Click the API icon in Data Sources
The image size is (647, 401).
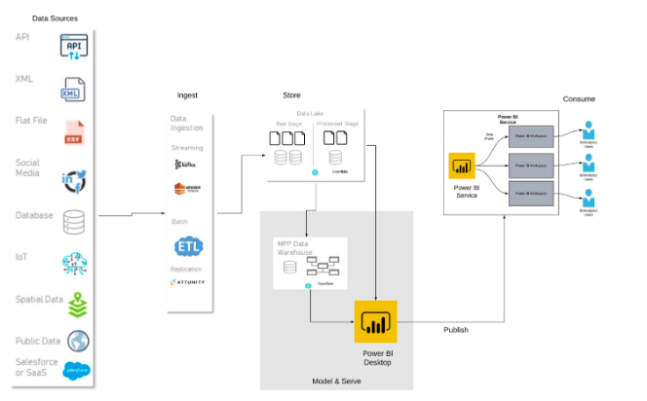75,46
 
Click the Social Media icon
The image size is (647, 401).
75,179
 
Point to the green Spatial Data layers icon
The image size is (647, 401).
75,303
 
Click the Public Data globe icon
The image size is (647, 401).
77,342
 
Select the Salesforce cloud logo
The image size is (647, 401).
76,370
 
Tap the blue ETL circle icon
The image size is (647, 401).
188,247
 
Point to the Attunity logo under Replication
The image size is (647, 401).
187,282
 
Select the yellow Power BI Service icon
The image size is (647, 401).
461,166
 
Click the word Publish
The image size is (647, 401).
455,330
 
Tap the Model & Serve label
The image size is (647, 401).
336,381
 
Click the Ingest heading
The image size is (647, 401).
187,95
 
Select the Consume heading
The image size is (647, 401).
578,99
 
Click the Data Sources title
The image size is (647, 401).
55,18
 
